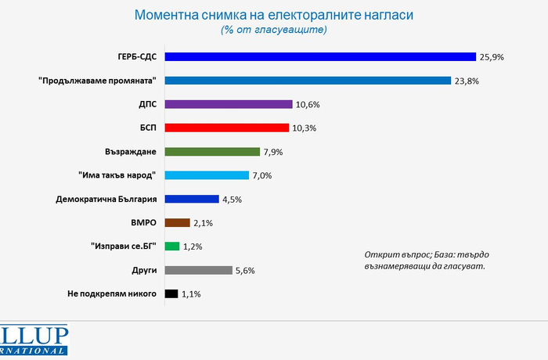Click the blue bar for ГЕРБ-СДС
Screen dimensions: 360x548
(319, 56)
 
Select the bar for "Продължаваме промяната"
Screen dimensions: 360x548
(307, 81)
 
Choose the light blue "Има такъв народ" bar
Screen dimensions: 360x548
(206, 175)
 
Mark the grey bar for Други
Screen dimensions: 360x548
(197, 270)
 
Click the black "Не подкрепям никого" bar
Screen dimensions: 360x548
(171, 294)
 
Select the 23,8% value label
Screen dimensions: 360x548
(467, 81)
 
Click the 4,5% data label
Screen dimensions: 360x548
(233, 200)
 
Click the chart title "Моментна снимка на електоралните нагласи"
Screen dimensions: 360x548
(274, 15)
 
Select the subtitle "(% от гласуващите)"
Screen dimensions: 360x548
(274, 30)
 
